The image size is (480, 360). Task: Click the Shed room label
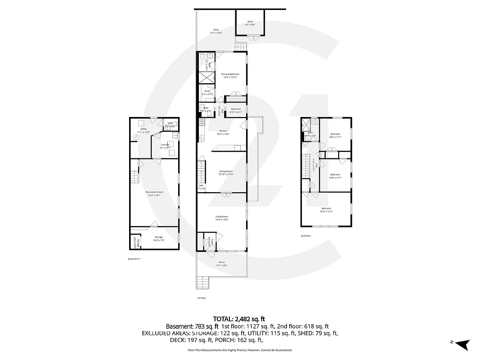click(249, 22)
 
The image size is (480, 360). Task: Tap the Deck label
click(216, 31)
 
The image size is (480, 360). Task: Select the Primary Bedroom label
click(230, 75)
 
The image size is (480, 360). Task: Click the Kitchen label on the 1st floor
click(224, 132)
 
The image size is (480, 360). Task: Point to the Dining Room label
click(226, 172)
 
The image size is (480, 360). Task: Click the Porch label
click(222, 263)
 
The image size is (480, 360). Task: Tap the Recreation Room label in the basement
click(154, 193)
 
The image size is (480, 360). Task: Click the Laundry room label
click(165, 146)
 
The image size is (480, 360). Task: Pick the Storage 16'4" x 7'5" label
click(158, 238)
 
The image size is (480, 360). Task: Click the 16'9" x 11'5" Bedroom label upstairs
click(326, 210)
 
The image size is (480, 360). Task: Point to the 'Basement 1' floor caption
click(134, 259)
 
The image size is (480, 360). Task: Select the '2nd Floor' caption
click(306, 236)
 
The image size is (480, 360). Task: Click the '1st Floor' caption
click(201, 298)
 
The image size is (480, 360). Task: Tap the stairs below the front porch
click(203, 283)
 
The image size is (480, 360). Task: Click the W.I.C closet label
click(207, 92)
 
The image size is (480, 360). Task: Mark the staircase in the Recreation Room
click(135, 176)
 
